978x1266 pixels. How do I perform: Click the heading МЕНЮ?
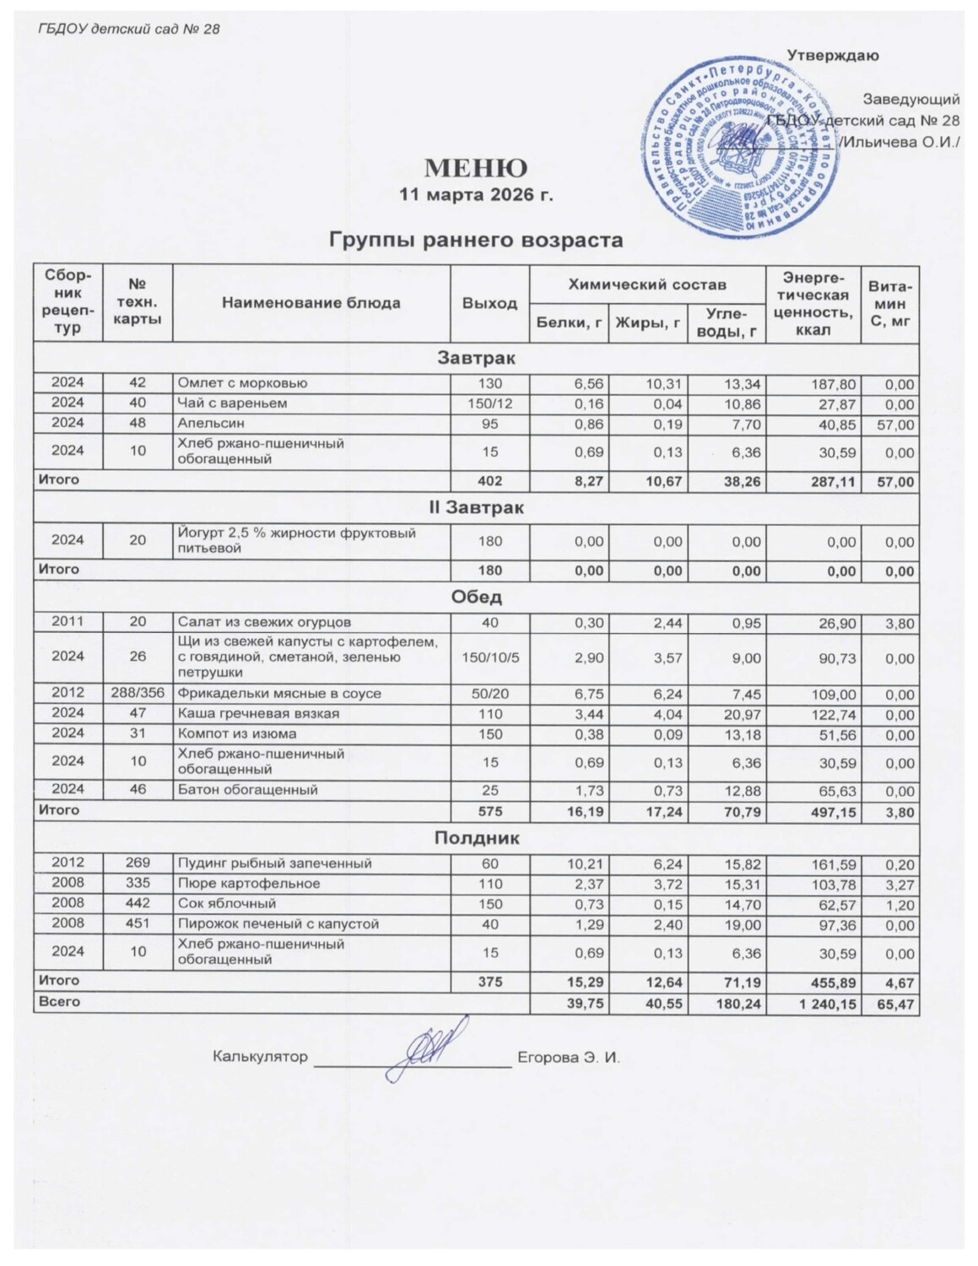coord(475,168)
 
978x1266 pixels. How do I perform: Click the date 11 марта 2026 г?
coord(475,195)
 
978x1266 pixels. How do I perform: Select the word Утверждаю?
coord(832,56)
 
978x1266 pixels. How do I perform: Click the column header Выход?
coord(489,303)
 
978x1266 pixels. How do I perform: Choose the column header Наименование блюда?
coord(311,303)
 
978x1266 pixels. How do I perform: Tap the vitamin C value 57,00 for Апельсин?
coord(894,425)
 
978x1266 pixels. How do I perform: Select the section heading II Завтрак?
coord(476,508)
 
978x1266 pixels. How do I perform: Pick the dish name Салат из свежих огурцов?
coord(263,623)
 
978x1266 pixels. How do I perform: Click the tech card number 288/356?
coord(138,694)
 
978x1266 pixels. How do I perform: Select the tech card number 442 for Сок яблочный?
coord(138,904)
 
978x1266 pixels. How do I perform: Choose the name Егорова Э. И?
coord(568,1058)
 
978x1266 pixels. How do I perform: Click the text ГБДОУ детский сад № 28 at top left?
coord(128,30)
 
